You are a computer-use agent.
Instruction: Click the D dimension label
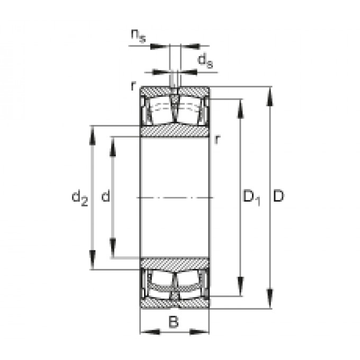pos(278,196)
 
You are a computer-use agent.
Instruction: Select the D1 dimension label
pos(251,197)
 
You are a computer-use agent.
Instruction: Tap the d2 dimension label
pos(79,197)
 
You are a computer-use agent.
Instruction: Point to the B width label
pos(173,321)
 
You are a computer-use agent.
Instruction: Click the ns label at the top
pos(139,36)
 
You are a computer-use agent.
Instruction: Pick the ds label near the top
pos(205,60)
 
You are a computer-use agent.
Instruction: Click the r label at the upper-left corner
pos(133,86)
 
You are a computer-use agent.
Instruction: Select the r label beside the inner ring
pos(217,139)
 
